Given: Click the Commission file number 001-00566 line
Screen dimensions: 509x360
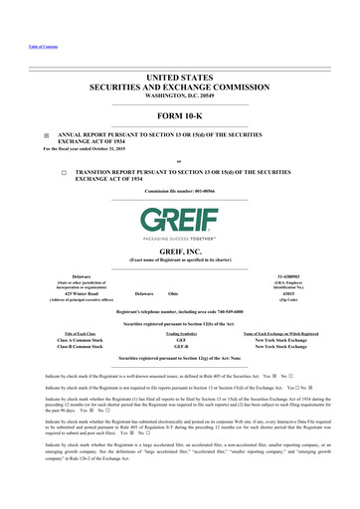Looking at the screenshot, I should pos(179,189).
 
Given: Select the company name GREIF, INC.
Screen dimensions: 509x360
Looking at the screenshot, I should pos(180,254).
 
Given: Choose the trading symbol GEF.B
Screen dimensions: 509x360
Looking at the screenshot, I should pos(182,345).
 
